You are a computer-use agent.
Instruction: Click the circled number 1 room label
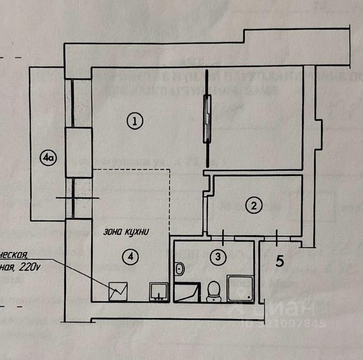(135, 121)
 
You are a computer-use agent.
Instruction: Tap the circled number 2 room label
(254, 206)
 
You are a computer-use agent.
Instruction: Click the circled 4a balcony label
(47, 158)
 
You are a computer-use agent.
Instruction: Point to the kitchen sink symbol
(159, 292)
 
